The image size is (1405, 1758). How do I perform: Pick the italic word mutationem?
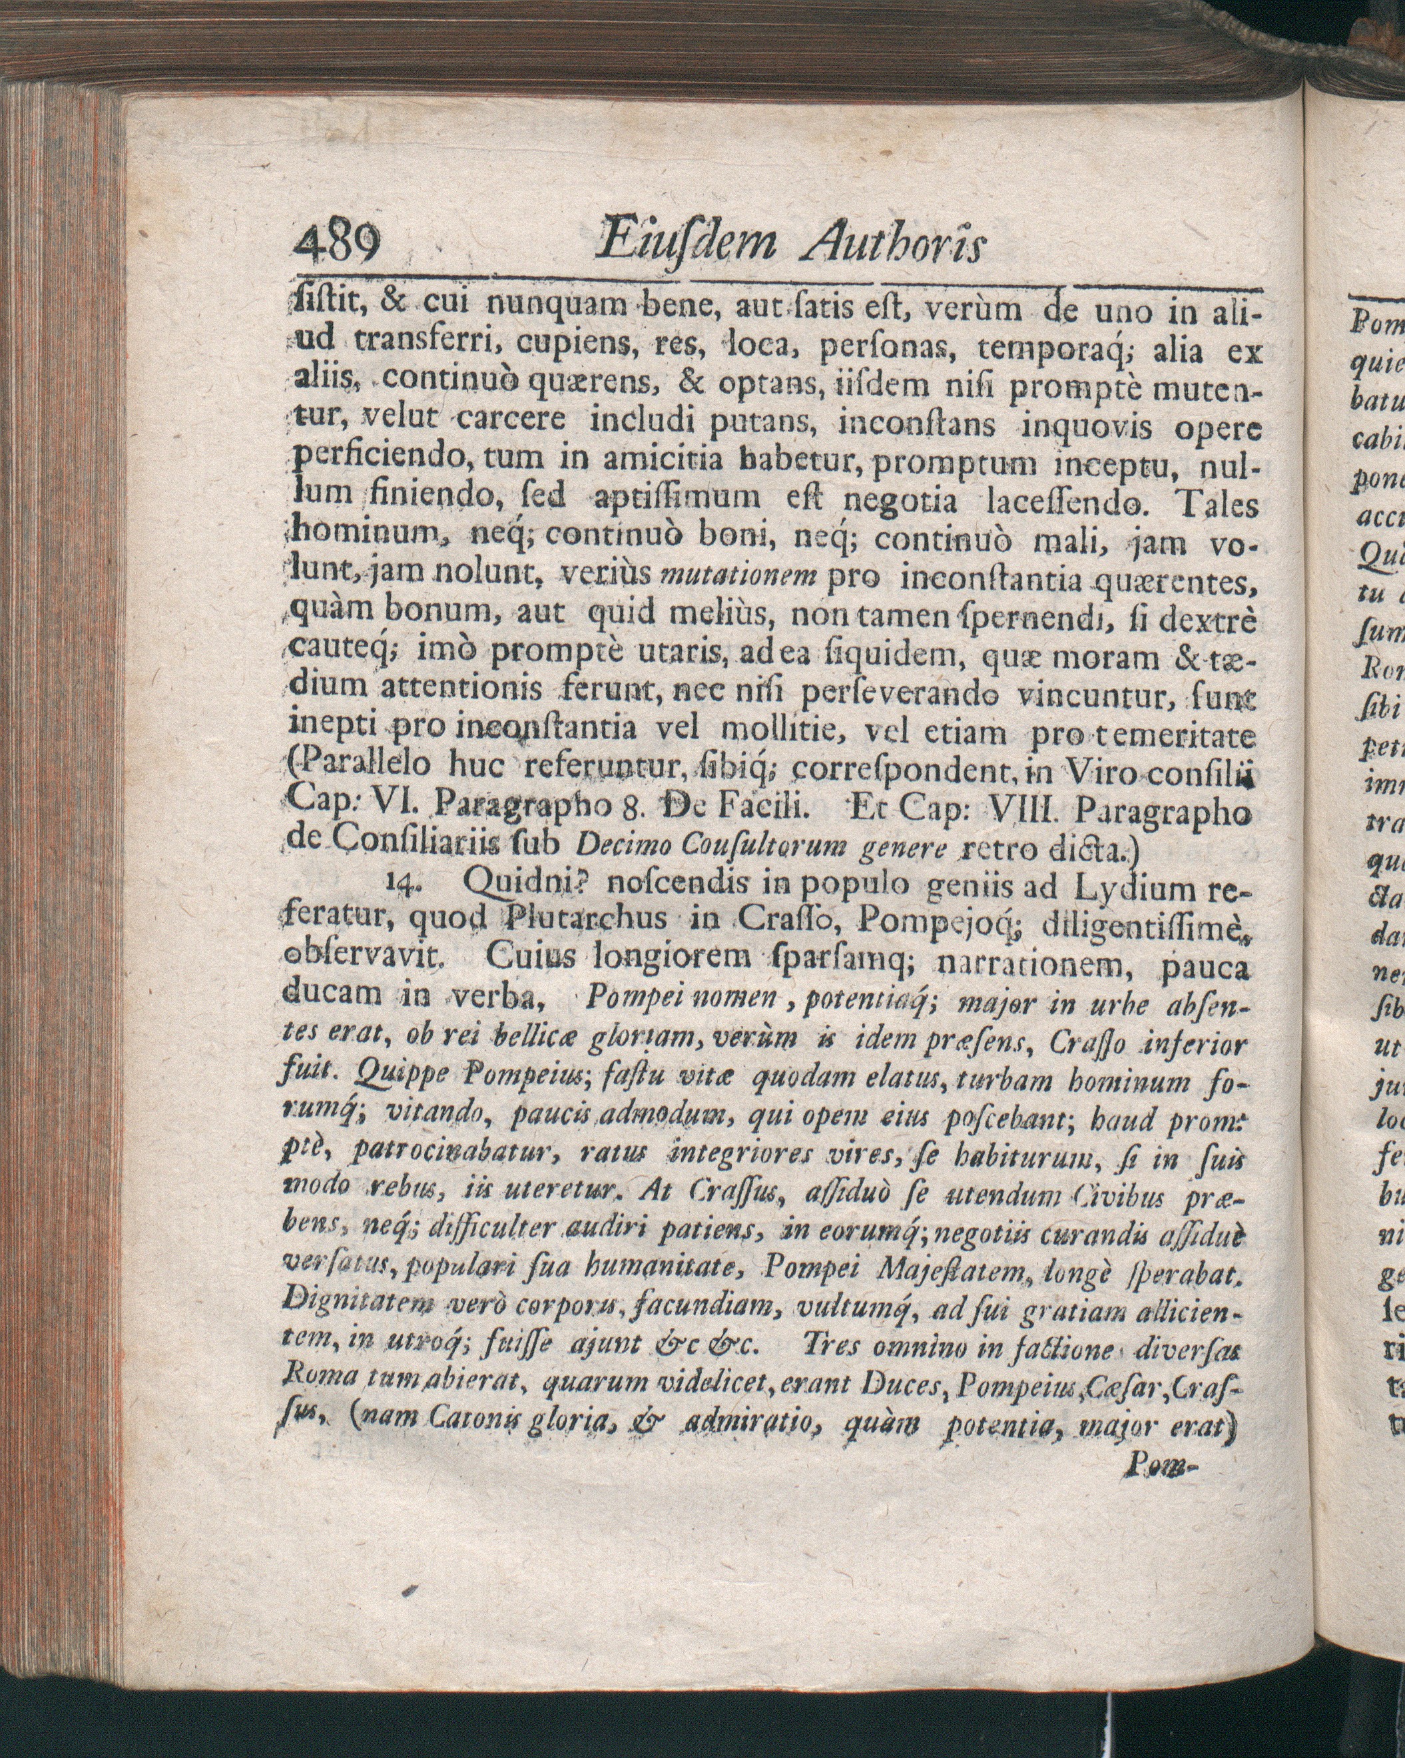coord(738,578)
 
